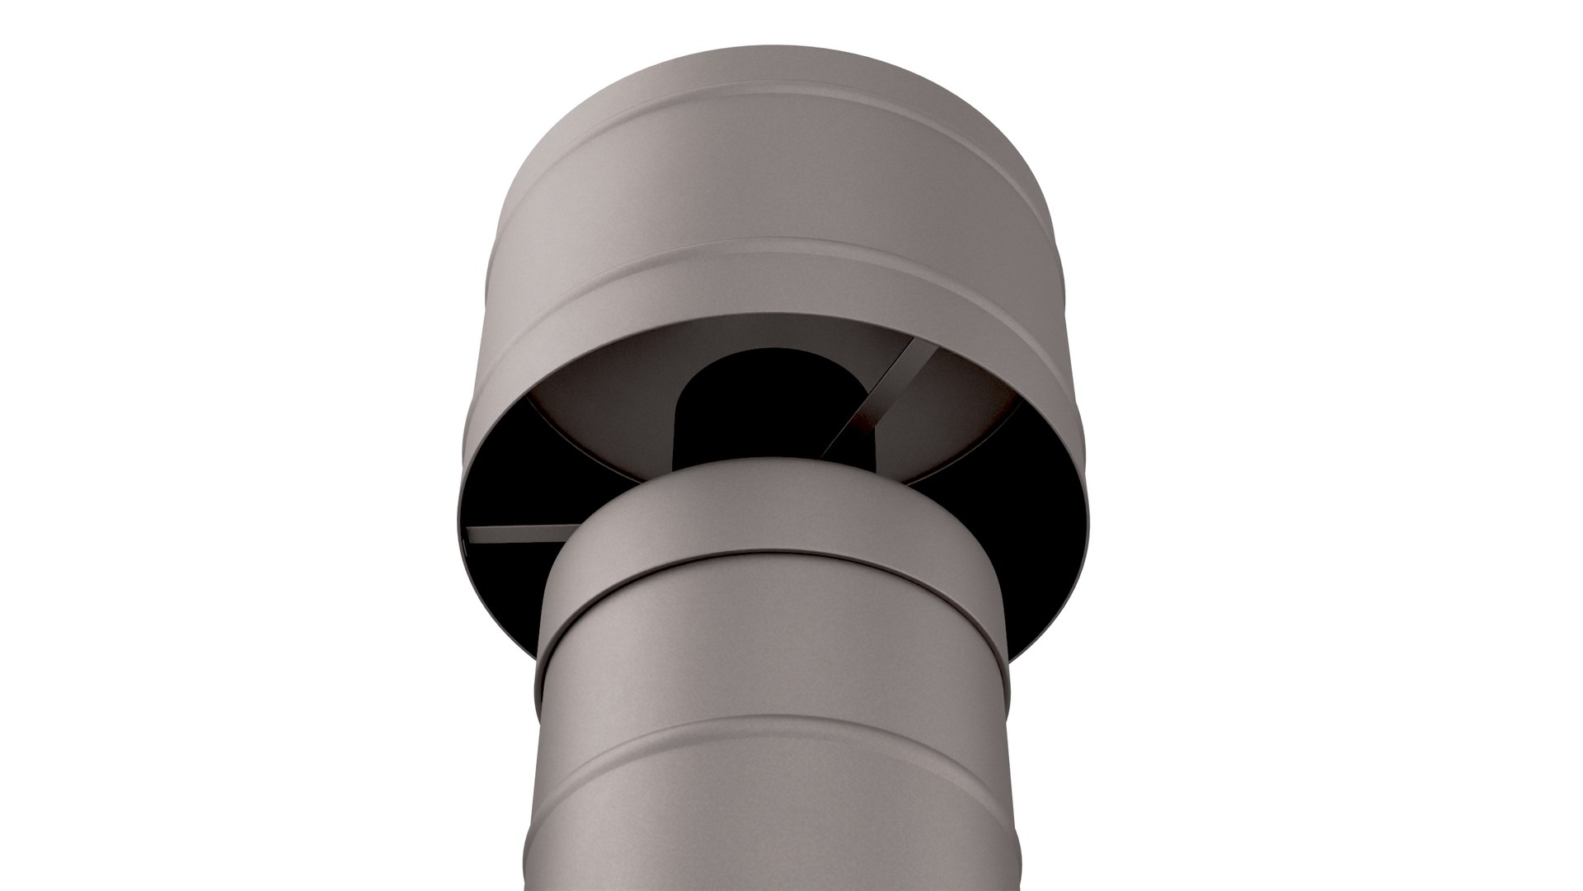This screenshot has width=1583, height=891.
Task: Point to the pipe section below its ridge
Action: [x=771, y=825]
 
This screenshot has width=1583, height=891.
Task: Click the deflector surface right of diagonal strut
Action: [x=956, y=412]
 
